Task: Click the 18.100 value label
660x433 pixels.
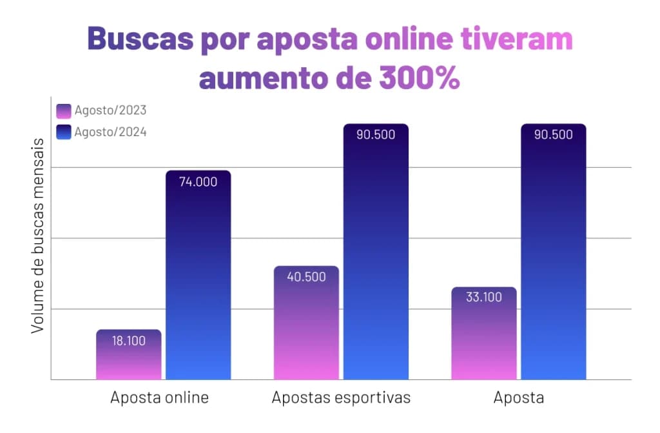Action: tap(129, 341)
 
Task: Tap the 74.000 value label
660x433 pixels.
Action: tap(199, 182)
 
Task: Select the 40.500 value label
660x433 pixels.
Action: tap(306, 277)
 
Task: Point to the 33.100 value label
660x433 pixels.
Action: tap(484, 297)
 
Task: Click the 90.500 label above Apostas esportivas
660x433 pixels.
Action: tap(376, 134)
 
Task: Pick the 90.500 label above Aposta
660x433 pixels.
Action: tap(554, 134)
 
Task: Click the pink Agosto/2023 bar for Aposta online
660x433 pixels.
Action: tap(129, 354)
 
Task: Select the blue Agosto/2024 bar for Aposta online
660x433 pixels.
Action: tap(199, 275)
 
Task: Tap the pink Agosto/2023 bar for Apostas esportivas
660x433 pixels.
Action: tap(306, 323)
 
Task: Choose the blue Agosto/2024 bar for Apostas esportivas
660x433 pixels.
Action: tap(376, 252)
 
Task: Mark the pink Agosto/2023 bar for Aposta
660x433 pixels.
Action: tap(484, 333)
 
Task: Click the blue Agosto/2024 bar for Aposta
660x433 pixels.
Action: tap(554, 252)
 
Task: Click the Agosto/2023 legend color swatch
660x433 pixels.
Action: tap(64, 111)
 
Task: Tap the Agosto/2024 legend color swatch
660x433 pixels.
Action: tap(64, 132)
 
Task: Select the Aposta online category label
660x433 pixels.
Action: tap(160, 398)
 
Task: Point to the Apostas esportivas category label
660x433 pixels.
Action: tap(342, 398)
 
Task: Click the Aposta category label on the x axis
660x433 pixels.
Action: tap(519, 398)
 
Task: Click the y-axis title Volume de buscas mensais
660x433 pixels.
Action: tap(38, 236)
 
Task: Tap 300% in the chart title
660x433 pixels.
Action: tap(419, 78)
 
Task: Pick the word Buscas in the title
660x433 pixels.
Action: tap(141, 39)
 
